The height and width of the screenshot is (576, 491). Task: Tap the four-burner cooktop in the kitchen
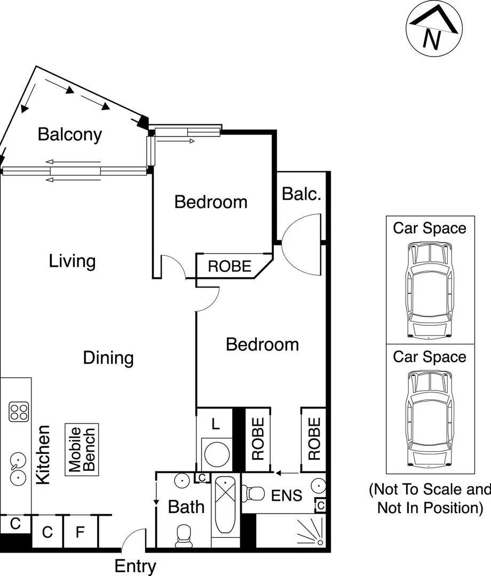19,411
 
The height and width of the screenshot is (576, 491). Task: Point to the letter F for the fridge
80,532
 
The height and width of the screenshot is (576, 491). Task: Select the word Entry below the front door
136,566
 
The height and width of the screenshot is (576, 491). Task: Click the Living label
72,261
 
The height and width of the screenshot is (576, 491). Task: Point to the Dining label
108,357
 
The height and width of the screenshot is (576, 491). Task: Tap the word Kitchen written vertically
43,454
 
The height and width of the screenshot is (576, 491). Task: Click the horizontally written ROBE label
229,266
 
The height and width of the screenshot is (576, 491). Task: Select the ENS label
287,495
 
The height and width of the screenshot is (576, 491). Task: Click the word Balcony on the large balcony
69,134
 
